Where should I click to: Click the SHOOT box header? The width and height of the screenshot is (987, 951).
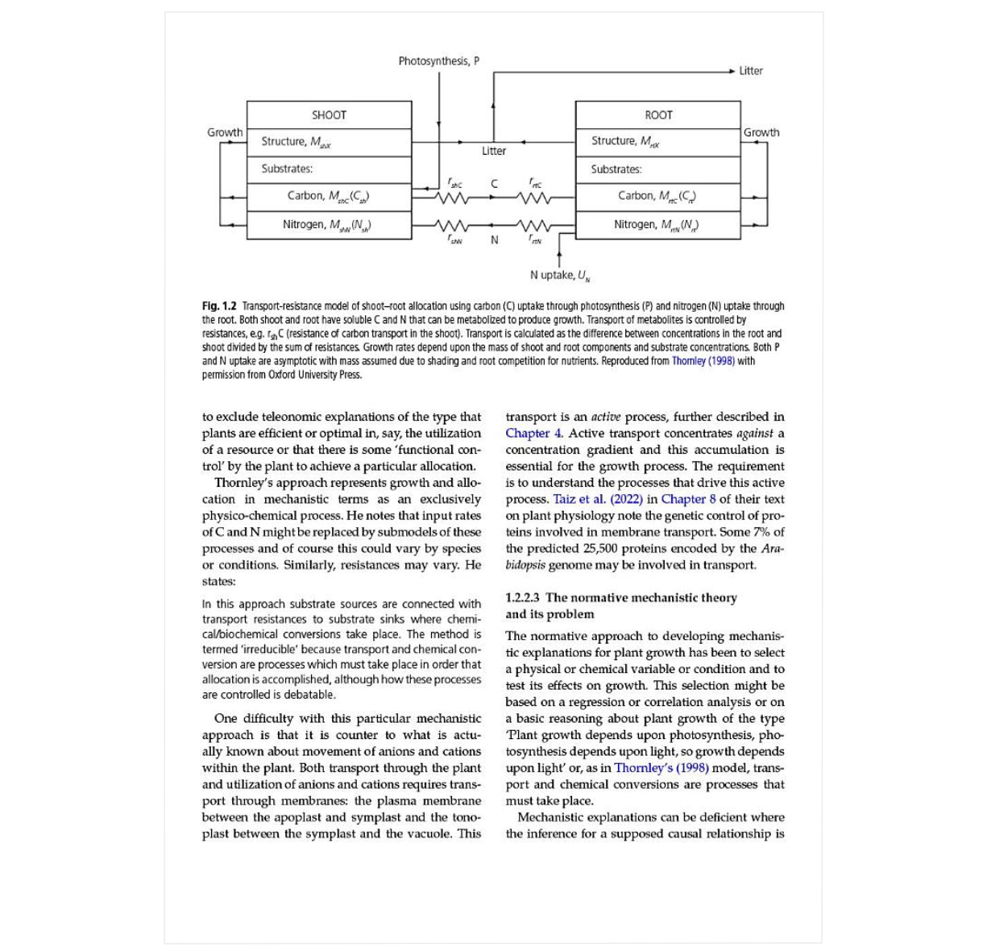click(x=329, y=115)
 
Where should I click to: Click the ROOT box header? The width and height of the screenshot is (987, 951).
click(x=657, y=115)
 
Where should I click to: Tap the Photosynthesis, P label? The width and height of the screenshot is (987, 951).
click(x=438, y=61)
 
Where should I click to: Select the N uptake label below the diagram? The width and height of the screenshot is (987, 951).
click(x=560, y=276)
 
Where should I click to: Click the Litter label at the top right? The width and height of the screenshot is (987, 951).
click(x=750, y=71)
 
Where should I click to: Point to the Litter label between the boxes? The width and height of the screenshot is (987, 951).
click(x=494, y=151)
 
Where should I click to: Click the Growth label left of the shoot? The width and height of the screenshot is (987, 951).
click(x=225, y=132)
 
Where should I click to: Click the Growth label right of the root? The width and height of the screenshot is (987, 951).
click(x=761, y=132)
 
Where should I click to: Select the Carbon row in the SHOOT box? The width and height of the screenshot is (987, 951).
click(x=329, y=196)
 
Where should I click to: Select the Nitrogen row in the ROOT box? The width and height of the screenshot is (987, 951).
click(x=657, y=225)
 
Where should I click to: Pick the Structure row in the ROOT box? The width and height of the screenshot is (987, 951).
click(x=625, y=141)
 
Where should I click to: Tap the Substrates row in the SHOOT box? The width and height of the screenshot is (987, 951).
click(x=287, y=168)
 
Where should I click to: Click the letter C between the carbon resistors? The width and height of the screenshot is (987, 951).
click(x=495, y=184)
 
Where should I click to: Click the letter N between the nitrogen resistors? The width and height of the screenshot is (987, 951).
click(x=495, y=240)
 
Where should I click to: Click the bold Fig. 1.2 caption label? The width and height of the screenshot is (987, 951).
click(x=219, y=306)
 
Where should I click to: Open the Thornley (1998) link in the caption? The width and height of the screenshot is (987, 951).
click(x=703, y=361)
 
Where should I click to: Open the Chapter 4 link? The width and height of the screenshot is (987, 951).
click(x=533, y=434)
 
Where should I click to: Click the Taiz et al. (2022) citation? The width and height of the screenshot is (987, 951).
click(x=598, y=499)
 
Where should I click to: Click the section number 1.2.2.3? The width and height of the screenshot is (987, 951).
click(x=523, y=598)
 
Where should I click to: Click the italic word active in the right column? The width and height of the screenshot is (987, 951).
click(x=606, y=417)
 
